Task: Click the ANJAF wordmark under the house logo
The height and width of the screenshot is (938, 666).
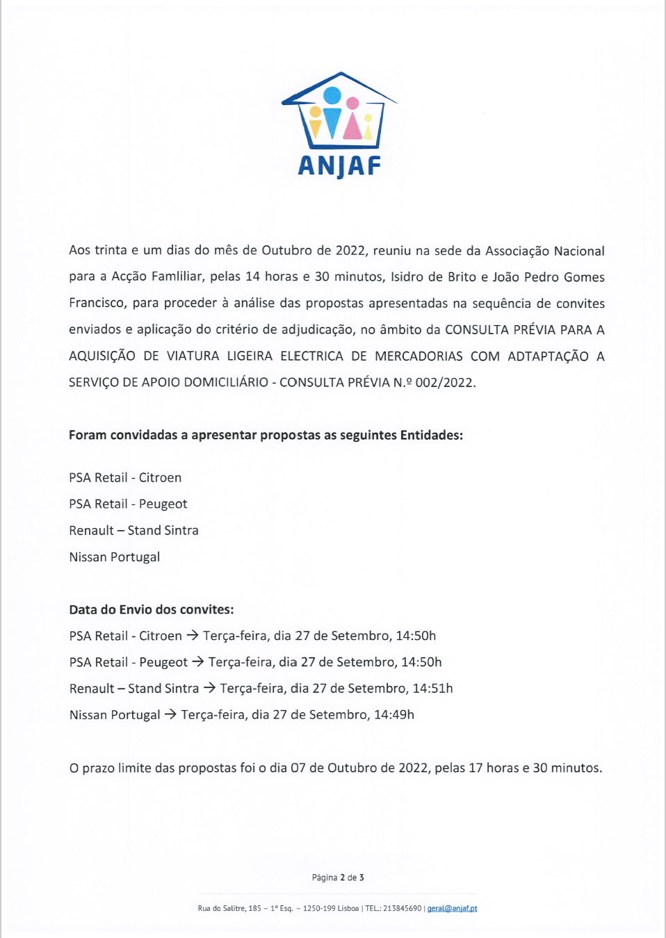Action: (339, 166)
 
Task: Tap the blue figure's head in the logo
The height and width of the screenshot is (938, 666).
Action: (332, 95)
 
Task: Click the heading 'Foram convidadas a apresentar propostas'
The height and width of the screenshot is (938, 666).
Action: (266, 436)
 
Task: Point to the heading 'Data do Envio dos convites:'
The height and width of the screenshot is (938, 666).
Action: (152, 610)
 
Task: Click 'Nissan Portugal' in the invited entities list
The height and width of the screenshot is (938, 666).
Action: (115, 557)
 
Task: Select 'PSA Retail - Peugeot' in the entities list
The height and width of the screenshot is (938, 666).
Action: (128, 504)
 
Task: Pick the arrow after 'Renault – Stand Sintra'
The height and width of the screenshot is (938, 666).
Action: (209, 688)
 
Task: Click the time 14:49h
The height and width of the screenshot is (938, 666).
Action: (394, 715)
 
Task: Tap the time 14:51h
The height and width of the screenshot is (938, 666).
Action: (432, 689)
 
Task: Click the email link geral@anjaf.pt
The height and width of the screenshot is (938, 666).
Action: (452, 908)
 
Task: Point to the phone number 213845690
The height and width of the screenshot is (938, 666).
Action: (402, 908)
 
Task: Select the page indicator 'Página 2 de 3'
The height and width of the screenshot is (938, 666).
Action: (338, 878)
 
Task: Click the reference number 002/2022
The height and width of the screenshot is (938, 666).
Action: (445, 383)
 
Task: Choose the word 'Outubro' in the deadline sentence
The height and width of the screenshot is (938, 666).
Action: (352, 768)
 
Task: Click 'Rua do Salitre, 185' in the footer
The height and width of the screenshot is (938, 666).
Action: (229, 908)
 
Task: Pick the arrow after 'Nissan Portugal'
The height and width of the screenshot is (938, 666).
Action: (170, 714)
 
